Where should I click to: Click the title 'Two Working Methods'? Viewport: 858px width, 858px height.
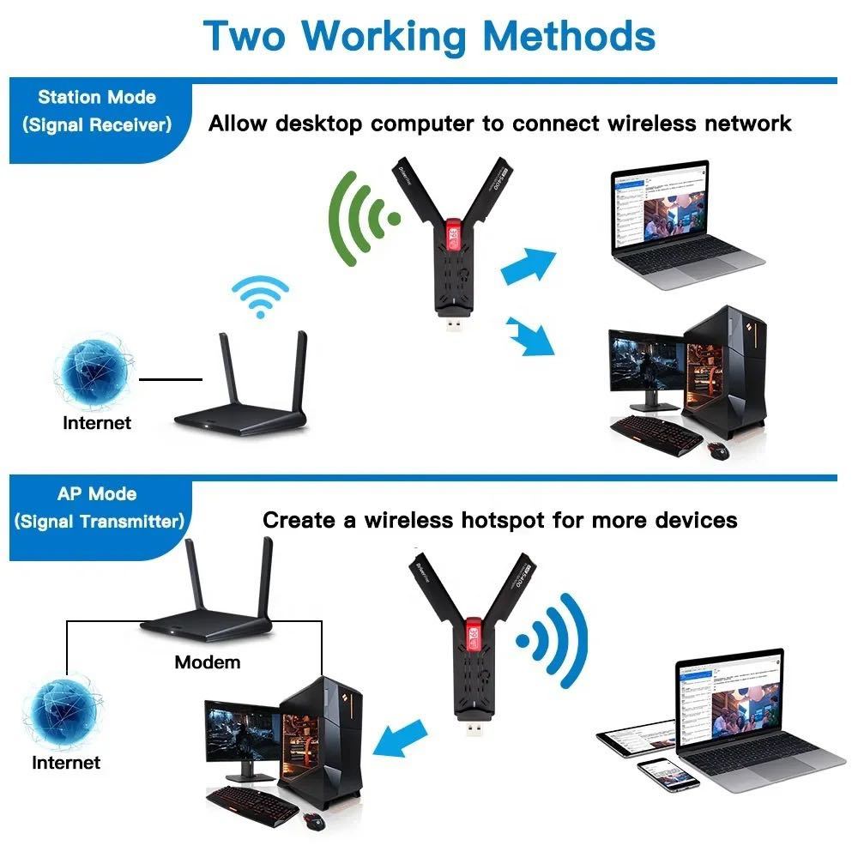pyautogui.click(x=429, y=36)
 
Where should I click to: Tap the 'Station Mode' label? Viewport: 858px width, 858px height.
pyautogui.click(x=96, y=97)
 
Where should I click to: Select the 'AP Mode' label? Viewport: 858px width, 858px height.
pyautogui.click(x=96, y=494)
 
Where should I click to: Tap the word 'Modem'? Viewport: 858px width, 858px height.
pyautogui.click(x=207, y=662)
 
